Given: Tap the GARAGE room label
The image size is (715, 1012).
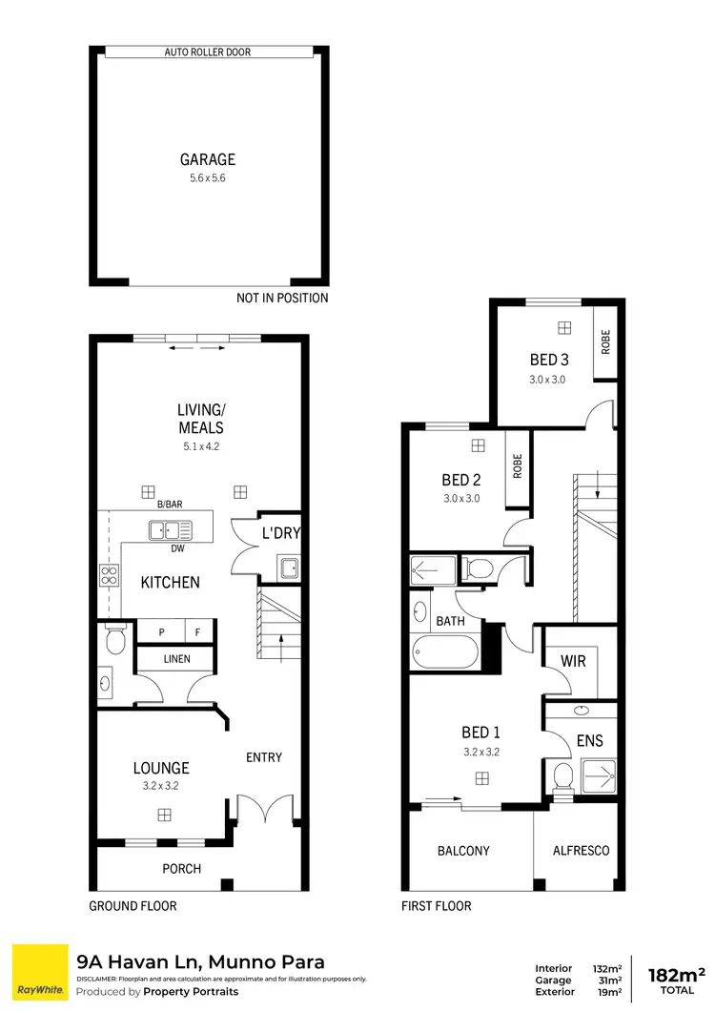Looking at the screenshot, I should tap(208, 160).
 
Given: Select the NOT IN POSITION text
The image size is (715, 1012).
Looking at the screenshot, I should tap(281, 299).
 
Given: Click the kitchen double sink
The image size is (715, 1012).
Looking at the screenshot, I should tap(171, 529).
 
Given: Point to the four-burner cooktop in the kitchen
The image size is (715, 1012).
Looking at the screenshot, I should tap(109, 575).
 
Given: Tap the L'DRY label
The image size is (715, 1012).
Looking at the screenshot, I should tap(281, 533).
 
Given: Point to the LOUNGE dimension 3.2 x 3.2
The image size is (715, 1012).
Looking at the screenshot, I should tap(160, 787).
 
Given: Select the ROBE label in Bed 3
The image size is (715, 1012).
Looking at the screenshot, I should tap(605, 342).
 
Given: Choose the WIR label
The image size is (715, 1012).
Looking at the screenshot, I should tap(573, 661).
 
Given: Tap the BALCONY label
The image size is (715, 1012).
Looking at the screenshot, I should tap(463, 851).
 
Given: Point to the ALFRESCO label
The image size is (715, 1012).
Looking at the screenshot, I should tap(581, 851).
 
